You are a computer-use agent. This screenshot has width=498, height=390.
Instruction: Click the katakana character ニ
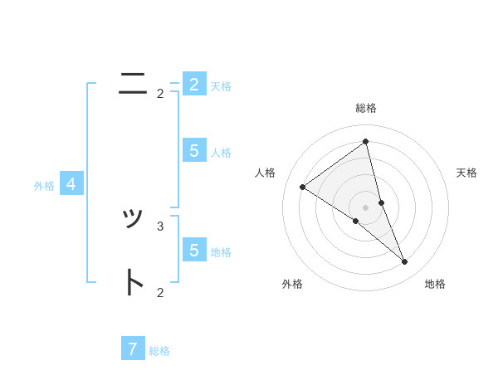133,83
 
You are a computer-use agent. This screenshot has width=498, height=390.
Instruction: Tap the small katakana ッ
133,219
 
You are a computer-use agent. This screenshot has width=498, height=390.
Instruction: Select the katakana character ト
133,282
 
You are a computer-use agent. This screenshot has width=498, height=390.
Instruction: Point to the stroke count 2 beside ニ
160,94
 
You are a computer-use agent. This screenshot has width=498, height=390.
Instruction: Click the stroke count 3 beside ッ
160,226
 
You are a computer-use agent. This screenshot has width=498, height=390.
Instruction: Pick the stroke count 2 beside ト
160,292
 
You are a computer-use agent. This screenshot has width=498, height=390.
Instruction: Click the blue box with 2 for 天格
194,85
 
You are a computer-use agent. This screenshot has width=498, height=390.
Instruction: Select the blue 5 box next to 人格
194,150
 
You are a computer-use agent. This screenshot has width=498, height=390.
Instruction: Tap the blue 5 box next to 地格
194,250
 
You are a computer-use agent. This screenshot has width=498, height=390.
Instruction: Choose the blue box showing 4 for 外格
71,184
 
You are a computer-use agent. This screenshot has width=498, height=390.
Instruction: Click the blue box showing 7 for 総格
133,349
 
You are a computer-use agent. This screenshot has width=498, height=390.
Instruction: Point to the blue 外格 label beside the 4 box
44,186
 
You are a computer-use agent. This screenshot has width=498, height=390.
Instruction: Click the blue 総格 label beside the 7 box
159,351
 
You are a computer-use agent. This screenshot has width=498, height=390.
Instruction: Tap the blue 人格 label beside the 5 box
221,153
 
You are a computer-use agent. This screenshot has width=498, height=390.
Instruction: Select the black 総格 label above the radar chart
365,108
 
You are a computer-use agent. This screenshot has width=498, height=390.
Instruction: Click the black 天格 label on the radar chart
467,173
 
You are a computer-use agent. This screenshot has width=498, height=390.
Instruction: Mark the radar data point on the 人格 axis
302,188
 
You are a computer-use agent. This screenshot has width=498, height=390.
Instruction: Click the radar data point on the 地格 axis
404,262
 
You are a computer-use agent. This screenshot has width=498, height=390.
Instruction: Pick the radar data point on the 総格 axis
365,141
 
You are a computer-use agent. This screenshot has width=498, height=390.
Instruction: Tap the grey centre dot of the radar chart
365,206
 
